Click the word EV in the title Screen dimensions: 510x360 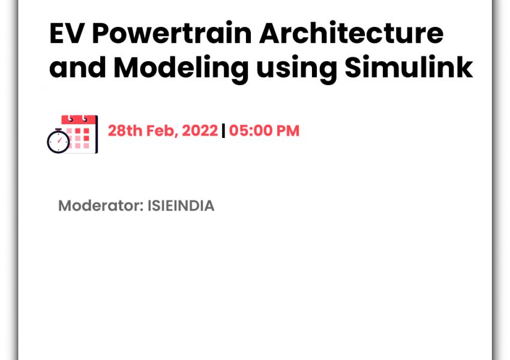coord(65,33)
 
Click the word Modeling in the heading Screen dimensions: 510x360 coord(181,68)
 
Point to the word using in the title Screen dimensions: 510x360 coord(296,68)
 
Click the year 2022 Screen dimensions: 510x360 coord(200,131)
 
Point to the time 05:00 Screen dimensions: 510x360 coord(250,131)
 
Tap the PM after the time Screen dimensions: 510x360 coord(287,131)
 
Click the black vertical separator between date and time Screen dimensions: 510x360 coord(223,131)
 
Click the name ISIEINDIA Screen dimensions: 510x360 coord(181,206)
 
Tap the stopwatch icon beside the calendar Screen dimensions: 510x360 coord(58,141)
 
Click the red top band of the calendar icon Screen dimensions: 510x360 coord(79,119)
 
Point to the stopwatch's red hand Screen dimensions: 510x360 coord(59,140)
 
